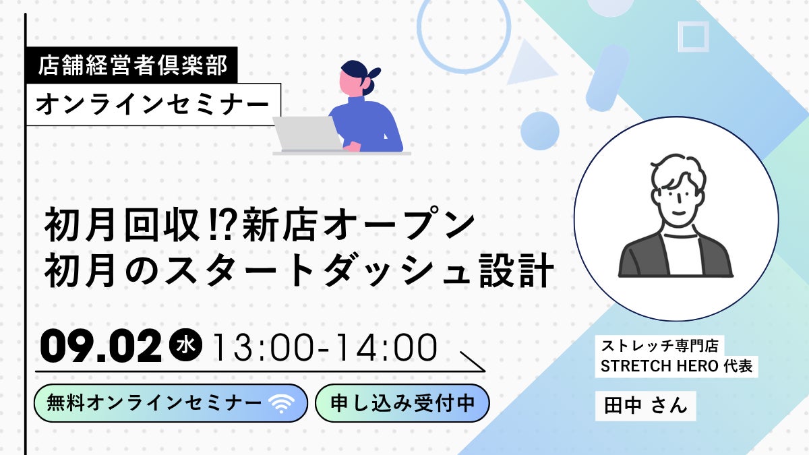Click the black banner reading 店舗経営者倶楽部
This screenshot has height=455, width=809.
tap(132, 65)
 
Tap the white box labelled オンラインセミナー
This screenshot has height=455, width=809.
tap(154, 104)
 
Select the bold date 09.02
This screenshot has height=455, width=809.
tap(101, 346)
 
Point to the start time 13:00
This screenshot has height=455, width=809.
tap(262, 347)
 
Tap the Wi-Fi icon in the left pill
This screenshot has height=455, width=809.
tap(282, 403)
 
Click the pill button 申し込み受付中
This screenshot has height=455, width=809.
tap(402, 403)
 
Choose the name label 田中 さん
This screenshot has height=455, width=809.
tap(645, 406)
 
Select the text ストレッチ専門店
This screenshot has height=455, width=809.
tap(659, 346)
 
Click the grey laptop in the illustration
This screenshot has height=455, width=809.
tap(307, 133)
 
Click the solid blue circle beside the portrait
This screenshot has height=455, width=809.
tap(540, 131)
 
